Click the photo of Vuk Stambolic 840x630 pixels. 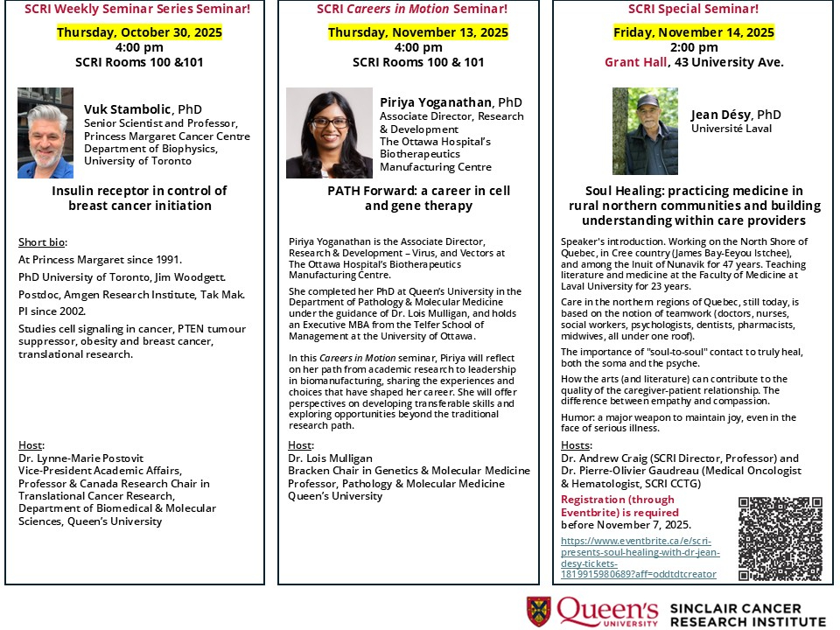point(45,133)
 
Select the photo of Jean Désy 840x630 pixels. point(645,131)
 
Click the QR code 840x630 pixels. point(780,539)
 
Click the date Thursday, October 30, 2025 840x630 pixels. point(140,33)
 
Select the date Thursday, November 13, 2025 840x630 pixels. point(418,33)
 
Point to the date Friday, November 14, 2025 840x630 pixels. point(693,33)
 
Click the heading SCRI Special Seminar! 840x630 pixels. point(694,9)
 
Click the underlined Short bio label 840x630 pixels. point(42,242)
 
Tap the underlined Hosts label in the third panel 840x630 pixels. point(576,445)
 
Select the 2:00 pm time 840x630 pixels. point(693,47)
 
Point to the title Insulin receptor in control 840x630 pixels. point(139,191)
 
